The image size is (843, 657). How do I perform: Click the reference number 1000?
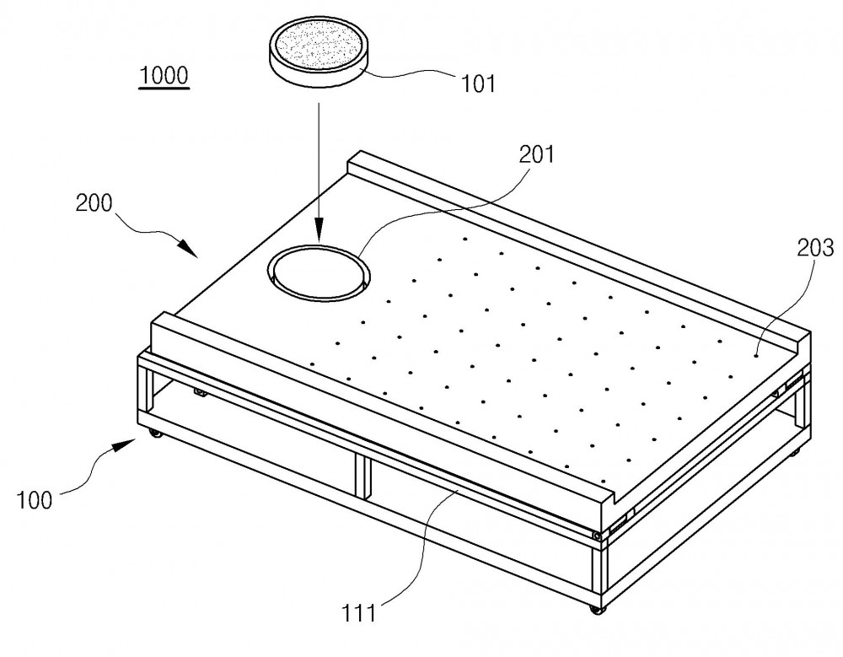pos(164,75)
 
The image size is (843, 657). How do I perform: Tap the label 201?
pos(536,154)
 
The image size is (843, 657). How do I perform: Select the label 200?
pos(94,203)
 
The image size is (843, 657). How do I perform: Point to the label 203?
pos(815,248)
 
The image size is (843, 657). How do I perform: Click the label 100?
pos(35,500)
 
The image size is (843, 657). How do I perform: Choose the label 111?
pos(358,613)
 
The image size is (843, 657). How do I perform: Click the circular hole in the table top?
pos(319,272)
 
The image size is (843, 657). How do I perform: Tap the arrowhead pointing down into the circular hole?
pos(319,229)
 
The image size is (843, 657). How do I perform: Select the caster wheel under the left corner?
pos(155,433)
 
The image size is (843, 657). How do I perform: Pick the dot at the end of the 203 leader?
pos(756,355)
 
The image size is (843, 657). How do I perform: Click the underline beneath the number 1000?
pos(164,88)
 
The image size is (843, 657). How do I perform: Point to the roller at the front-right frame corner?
pos(596,536)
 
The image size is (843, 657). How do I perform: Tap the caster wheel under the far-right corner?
pos(795,453)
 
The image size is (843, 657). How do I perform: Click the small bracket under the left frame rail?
pos(201,393)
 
